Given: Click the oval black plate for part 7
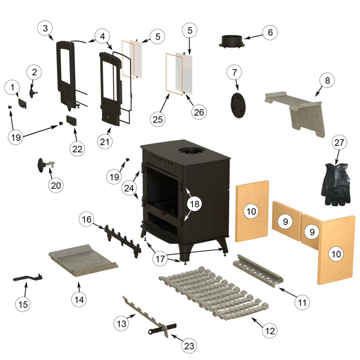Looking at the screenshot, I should tap(237, 104).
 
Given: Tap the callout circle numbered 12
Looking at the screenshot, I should tap(270, 331).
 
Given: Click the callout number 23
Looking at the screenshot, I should tap(189, 346).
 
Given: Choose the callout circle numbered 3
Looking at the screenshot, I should tap(45, 28).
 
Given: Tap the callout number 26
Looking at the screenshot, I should tap(199, 111).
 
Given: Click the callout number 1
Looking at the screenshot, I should tap(12, 87).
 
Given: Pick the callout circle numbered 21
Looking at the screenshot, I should tap(105, 142).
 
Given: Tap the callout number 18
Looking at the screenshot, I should tap(194, 204).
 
